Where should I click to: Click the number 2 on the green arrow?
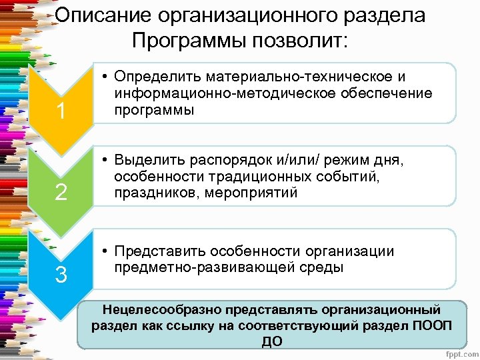[x=61, y=193]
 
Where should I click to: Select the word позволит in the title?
[x=303, y=42]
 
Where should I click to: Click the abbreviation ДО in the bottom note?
[x=272, y=341]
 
